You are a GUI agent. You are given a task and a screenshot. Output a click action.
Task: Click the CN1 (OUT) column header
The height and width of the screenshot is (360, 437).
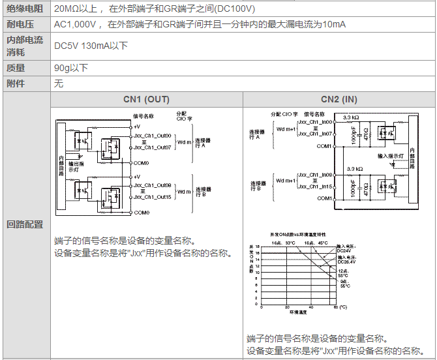pos(146,100)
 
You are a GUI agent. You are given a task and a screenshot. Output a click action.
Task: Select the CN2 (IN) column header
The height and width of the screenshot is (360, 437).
pos(339,100)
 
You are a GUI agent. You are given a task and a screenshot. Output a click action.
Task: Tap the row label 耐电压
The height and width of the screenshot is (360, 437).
pos(20,24)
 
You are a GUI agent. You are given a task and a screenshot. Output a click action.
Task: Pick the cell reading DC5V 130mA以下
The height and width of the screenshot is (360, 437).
pos(91,46)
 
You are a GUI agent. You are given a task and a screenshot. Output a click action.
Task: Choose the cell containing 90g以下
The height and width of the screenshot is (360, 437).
pos(71,68)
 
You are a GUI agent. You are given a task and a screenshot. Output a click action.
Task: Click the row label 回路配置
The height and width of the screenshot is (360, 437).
pos(25,224)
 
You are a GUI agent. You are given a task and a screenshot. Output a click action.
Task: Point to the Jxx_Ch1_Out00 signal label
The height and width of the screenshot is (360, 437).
pos(152,136)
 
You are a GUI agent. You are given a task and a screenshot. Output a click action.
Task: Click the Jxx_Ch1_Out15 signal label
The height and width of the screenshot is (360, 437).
pos(152,197)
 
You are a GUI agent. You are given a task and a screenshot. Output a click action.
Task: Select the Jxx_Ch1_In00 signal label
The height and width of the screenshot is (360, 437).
pos(315,122)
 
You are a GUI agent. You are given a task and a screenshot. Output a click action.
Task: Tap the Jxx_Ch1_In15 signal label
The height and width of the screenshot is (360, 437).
pos(315,187)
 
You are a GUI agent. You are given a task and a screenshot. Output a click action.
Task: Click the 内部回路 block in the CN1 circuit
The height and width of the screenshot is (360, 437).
pos(61,166)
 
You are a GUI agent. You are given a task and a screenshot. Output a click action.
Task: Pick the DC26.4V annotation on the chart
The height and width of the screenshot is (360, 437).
pos(346,262)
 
